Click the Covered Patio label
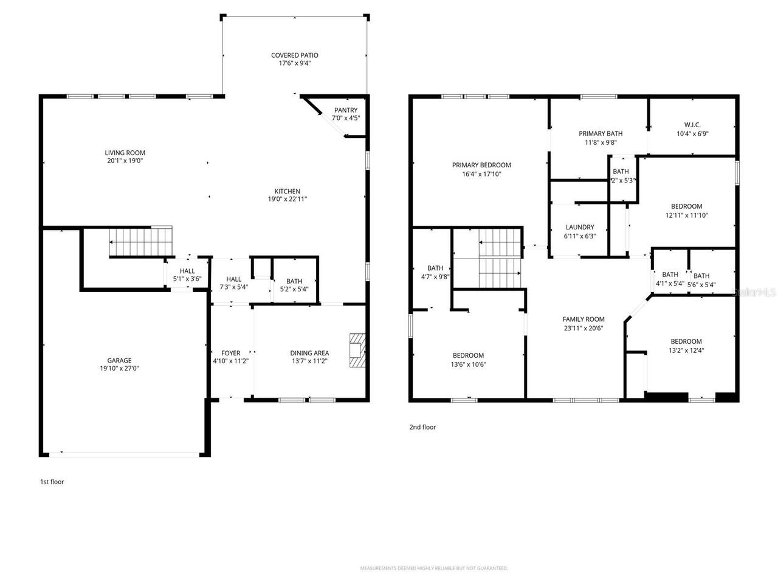click(x=295, y=55)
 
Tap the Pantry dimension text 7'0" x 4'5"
click(x=346, y=118)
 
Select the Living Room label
click(x=125, y=153)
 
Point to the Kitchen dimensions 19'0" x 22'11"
click(x=287, y=199)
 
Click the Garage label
click(x=120, y=360)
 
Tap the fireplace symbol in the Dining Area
click(x=357, y=350)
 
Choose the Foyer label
click(x=230, y=353)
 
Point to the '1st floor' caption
click(x=52, y=482)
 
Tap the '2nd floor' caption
click(x=422, y=427)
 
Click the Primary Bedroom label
click(x=481, y=165)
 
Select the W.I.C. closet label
click(x=692, y=125)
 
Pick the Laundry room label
click(x=580, y=228)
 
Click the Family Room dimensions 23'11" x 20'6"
click(x=583, y=328)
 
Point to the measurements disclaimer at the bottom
click(x=434, y=568)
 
